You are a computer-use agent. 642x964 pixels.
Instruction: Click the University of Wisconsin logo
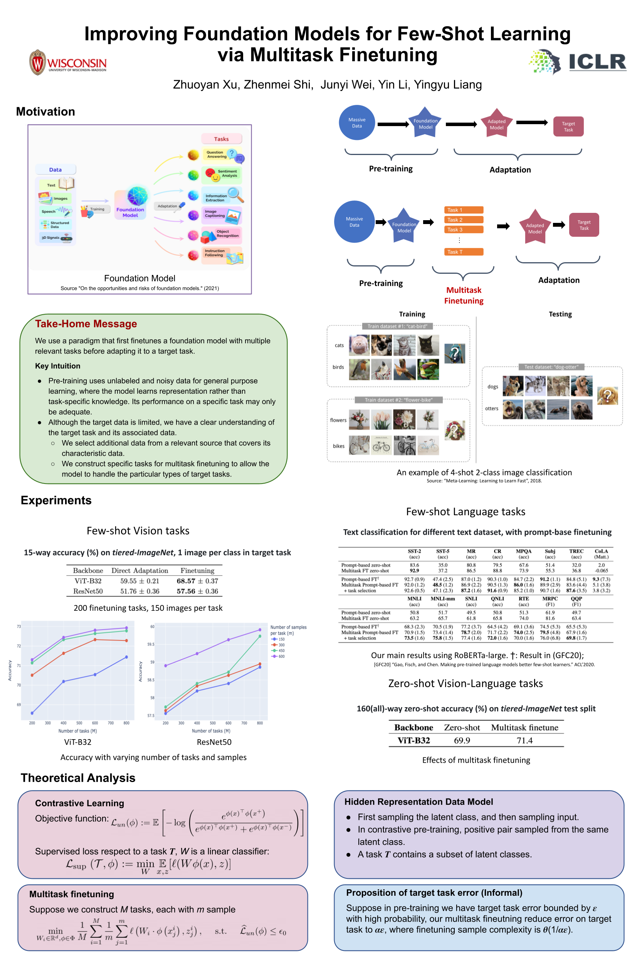pos(68,63)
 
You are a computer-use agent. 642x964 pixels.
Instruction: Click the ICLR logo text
pos(597,62)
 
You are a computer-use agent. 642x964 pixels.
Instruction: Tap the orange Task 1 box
pos(464,210)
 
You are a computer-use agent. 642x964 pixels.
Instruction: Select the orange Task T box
pos(464,251)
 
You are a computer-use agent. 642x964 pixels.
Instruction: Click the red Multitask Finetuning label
pos(464,295)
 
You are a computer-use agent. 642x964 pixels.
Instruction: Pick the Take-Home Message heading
pos(86,324)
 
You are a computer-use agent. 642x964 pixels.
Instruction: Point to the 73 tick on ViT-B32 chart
pos(19,627)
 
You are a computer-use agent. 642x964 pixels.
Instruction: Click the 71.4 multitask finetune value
pos(524,740)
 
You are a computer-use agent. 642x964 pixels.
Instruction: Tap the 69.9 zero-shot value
pos(462,740)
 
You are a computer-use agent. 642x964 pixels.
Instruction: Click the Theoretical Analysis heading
pos(78,778)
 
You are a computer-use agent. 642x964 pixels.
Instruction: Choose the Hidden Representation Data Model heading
pos(418,801)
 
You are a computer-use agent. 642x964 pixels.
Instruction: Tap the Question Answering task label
pos(217,155)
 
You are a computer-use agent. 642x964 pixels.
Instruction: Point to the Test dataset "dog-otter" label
pos(551,367)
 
